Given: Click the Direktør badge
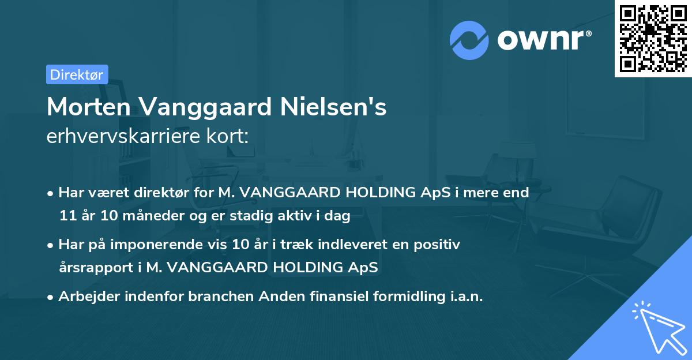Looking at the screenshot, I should (77, 74).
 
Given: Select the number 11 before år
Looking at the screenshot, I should (66, 216).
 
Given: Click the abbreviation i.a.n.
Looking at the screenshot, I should (465, 297).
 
